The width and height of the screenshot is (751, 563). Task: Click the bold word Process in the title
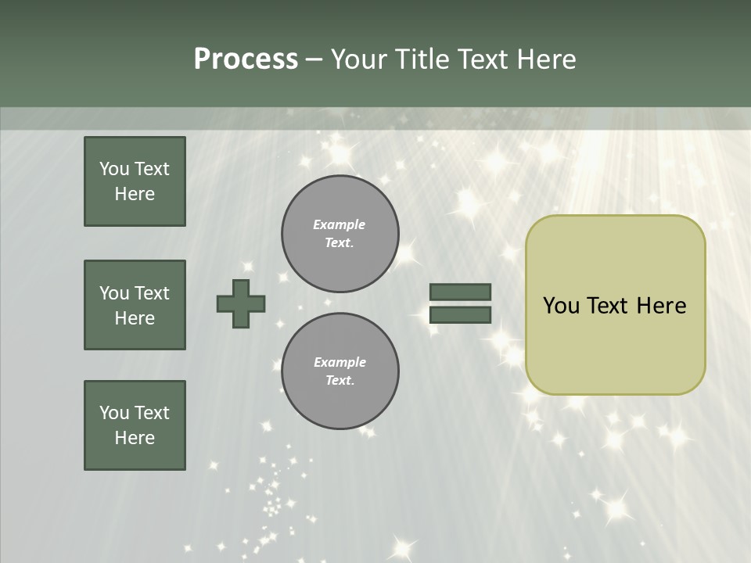tap(246, 59)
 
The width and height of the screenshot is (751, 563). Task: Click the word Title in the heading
tap(422, 59)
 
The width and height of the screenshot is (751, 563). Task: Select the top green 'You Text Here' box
tap(135, 181)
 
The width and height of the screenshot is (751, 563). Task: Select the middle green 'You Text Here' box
tap(135, 305)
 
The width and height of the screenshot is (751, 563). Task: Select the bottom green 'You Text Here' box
tap(135, 425)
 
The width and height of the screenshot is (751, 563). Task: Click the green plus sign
tap(241, 303)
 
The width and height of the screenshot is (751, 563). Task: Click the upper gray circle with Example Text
tap(340, 234)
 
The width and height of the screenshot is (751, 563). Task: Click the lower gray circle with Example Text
tap(340, 371)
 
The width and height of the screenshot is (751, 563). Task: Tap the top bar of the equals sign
tap(460, 292)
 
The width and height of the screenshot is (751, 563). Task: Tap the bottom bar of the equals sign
tap(460, 315)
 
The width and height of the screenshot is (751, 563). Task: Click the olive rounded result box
tap(615, 344)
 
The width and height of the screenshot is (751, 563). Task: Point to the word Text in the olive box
tap(608, 306)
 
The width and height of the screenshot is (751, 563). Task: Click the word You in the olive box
tap(561, 306)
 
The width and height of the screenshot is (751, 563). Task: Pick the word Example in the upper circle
tap(340, 224)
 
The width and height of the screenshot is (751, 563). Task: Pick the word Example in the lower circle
tap(340, 362)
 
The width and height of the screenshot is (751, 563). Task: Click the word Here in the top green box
tap(135, 194)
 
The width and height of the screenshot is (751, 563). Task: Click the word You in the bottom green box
tap(114, 413)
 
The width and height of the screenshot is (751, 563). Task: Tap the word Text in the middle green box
tap(152, 293)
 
